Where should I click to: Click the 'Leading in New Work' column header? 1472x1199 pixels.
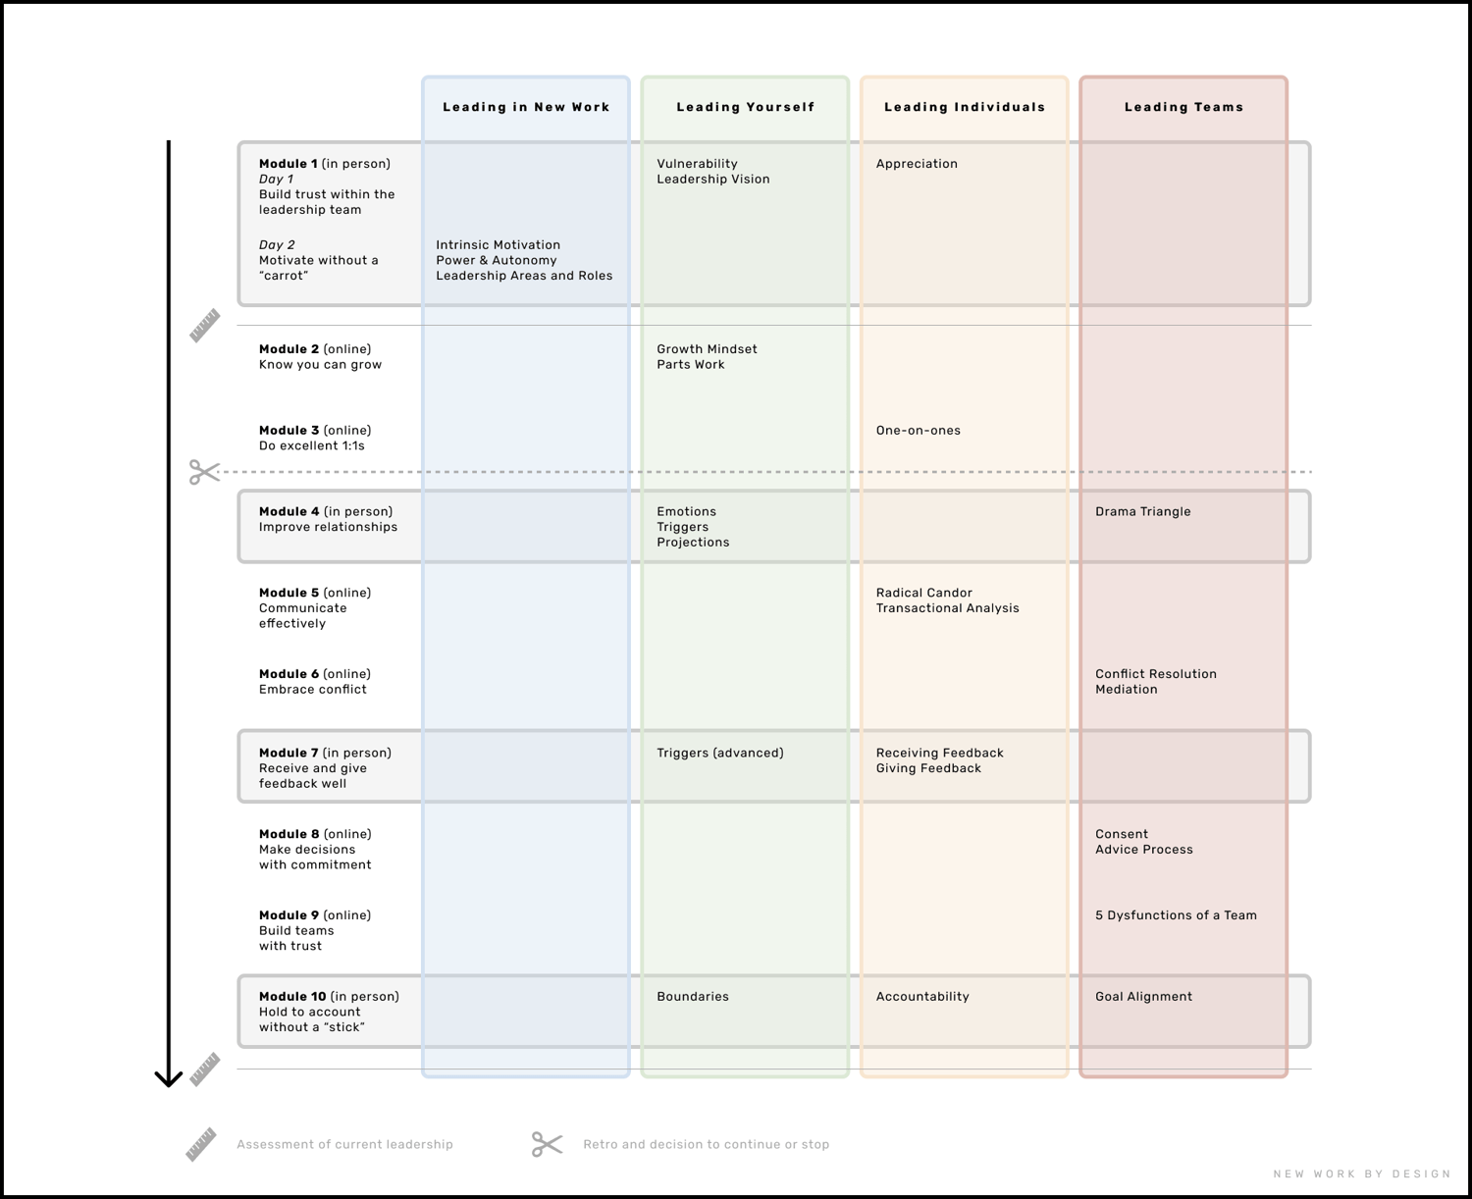point(526,107)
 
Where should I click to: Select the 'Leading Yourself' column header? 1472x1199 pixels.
point(746,107)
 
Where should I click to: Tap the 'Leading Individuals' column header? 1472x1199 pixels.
point(965,107)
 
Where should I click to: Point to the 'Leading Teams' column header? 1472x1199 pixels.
point(1183,107)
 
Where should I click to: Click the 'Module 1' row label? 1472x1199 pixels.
point(289,164)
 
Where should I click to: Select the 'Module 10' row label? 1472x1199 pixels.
point(292,997)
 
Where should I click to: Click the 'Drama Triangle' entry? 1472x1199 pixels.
point(1143,512)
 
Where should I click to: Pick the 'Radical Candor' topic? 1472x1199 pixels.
point(924,593)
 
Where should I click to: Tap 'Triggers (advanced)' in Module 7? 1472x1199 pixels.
point(720,754)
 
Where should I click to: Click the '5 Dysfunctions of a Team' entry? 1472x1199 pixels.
point(1176,915)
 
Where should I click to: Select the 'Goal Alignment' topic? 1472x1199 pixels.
point(1143,997)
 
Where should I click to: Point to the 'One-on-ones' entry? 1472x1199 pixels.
point(918,431)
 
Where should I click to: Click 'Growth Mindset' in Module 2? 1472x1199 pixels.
point(707,349)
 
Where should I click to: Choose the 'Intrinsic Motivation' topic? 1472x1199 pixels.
point(498,245)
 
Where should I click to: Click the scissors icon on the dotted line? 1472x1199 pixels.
point(204,473)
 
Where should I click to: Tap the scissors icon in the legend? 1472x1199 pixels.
point(548,1144)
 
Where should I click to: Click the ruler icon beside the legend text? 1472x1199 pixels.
point(201,1144)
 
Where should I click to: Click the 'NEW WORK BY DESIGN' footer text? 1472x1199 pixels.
point(1362,1173)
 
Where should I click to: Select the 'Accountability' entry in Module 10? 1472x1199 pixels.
point(922,997)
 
